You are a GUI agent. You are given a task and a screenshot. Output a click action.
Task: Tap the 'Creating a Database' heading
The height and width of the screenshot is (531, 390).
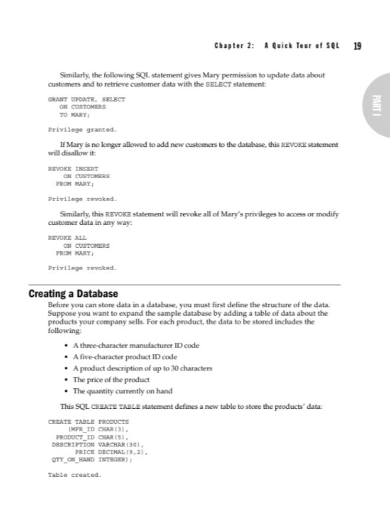pos(74,293)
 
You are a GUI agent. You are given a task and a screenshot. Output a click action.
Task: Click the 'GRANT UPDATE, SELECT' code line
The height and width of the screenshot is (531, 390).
pos(86,100)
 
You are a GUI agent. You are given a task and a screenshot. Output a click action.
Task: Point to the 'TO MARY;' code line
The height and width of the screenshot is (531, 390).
pos(73,114)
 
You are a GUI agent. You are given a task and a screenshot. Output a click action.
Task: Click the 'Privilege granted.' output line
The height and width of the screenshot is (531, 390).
pos(82,129)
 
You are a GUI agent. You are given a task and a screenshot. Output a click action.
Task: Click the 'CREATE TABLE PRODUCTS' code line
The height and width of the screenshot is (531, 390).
pos(88,422)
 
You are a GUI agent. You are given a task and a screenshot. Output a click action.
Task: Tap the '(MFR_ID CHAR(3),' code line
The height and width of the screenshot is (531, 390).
pos(99,430)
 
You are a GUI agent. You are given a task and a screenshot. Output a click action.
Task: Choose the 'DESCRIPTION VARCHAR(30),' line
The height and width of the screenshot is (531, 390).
pos(98,444)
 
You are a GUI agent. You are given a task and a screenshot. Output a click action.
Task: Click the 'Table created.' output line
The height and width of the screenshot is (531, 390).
pos(74,474)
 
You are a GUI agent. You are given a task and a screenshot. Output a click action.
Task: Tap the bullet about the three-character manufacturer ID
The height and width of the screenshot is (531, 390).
pos(136,345)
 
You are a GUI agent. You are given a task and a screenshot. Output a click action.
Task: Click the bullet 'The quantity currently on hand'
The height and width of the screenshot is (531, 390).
pos(122,391)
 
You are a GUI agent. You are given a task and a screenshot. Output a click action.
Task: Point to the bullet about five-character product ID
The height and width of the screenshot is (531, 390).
pos(125,356)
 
